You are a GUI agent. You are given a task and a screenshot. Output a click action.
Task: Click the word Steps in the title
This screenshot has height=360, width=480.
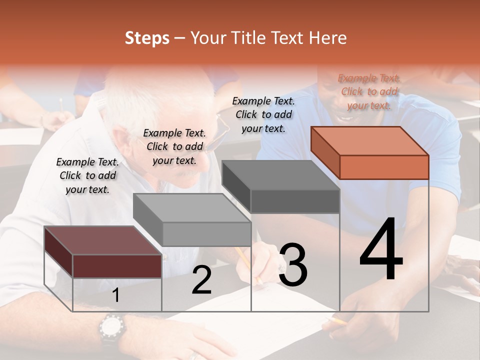click(x=147, y=38)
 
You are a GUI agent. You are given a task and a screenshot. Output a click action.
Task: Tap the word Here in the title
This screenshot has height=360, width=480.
click(x=328, y=38)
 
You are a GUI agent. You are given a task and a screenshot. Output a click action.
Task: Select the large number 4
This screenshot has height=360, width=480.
click(x=381, y=250)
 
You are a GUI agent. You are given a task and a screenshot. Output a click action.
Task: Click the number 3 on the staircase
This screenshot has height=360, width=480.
click(x=292, y=265)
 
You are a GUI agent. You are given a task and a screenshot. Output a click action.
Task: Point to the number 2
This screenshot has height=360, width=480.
click(x=201, y=280)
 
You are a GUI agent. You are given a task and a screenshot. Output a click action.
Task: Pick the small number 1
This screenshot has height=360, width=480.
click(x=115, y=295)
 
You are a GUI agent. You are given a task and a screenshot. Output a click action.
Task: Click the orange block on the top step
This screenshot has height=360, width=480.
click(x=370, y=152)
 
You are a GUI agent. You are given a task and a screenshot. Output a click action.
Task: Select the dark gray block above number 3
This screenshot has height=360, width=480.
click(x=281, y=186)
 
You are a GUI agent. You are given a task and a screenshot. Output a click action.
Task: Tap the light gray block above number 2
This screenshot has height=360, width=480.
click(x=192, y=220)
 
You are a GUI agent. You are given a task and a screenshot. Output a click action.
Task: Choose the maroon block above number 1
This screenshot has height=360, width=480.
click(x=103, y=252)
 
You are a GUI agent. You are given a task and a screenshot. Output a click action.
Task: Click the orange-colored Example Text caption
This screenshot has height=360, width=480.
click(x=369, y=91)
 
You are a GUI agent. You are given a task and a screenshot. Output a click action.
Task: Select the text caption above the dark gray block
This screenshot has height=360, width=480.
click(x=263, y=114)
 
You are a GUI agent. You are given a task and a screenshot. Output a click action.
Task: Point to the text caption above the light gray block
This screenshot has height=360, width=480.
click(x=174, y=146)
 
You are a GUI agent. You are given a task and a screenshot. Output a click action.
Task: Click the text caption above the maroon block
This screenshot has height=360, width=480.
click(x=87, y=175)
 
